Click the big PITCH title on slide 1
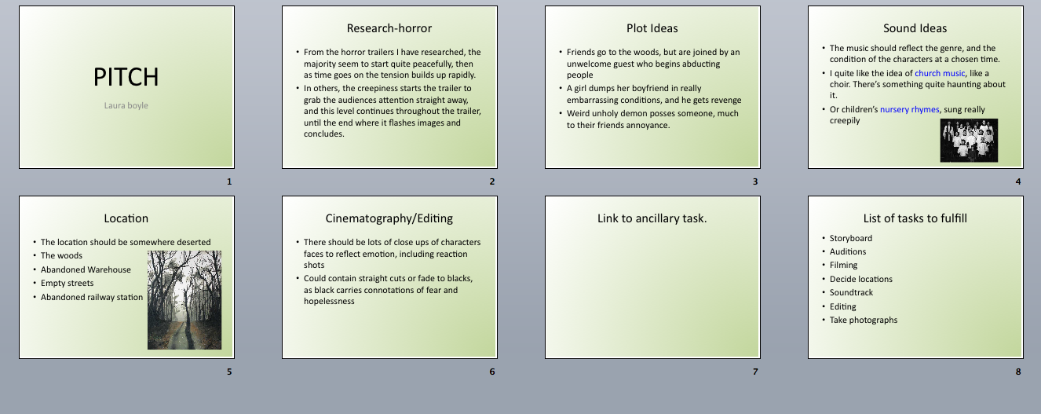[126, 77]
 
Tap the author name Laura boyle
[126, 105]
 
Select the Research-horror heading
[389, 28]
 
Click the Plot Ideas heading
[652, 28]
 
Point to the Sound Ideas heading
[915, 28]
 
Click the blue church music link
[940, 72]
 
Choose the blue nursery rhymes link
[909, 109]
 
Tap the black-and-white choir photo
[969, 140]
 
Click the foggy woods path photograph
[184, 299]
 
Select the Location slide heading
[126, 218]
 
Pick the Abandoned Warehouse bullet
[86, 269]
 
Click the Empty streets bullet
[67, 283]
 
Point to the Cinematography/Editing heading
[389, 218]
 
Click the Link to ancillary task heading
[652, 218]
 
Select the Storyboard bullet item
[851, 238]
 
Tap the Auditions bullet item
[848, 251]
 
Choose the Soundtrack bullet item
[851, 292]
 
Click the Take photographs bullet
[864, 320]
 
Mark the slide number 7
[755, 372]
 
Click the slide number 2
[492, 181]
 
